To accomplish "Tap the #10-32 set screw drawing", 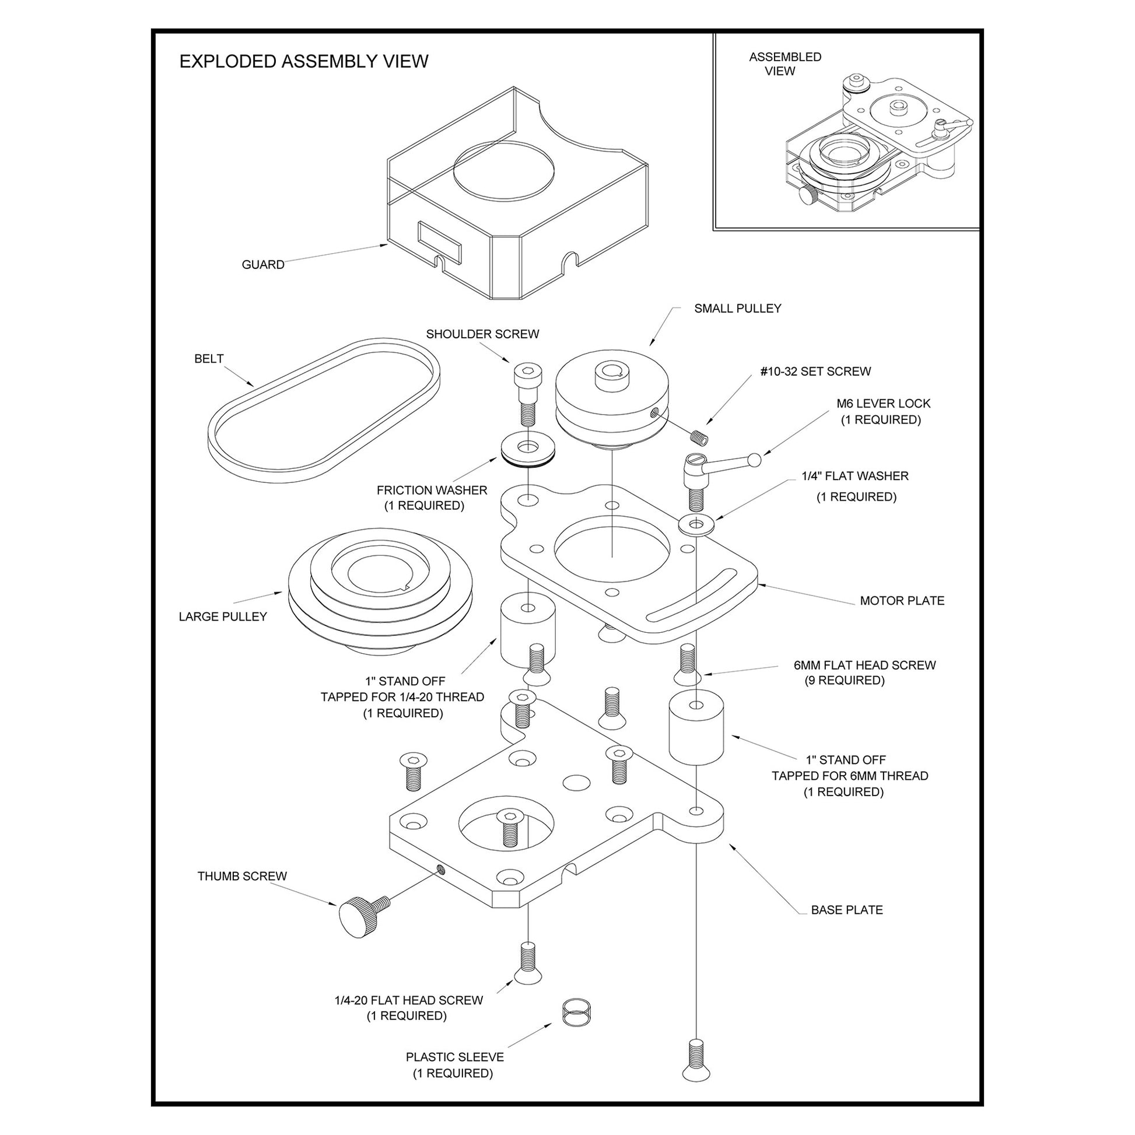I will pyautogui.click(x=699, y=437).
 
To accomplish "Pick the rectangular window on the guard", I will pyautogui.click(x=439, y=242).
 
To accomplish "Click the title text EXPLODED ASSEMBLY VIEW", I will pyautogui.click(x=304, y=62).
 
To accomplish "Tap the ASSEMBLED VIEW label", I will pyautogui.click(x=784, y=64).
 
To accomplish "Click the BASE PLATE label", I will pyautogui.click(x=846, y=910).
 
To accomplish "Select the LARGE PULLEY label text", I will pyautogui.click(x=223, y=617).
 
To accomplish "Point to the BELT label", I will pyautogui.click(x=209, y=359).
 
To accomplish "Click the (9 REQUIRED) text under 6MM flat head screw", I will pyautogui.click(x=844, y=680).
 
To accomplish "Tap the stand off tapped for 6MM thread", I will pyautogui.click(x=696, y=728).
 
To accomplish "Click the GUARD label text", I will pyautogui.click(x=262, y=265).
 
